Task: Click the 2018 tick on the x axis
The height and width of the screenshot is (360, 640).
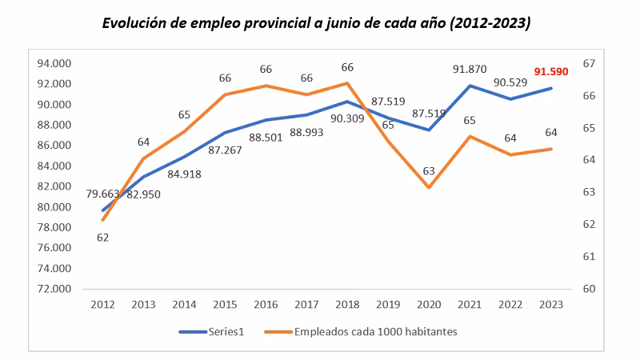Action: click(x=346, y=305)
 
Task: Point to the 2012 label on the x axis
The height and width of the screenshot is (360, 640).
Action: click(x=102, y=305)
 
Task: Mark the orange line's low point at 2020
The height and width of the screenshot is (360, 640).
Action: click(x=429, y=188)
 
